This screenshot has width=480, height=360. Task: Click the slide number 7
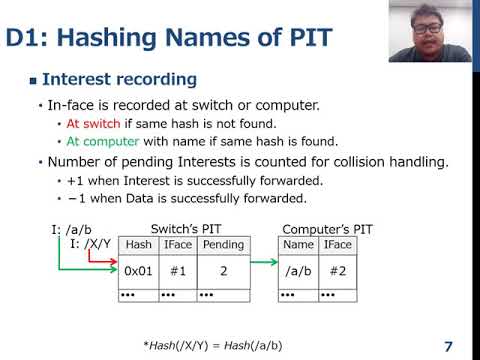click(448, 346)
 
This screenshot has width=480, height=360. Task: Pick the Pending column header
click(222, 245)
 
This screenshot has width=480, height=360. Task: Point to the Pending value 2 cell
click(222, 271)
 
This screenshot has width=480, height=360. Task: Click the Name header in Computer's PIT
click(299, 245)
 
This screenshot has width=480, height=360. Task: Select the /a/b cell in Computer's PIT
click(299, 271)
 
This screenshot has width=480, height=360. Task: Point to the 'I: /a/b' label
click(71, 230)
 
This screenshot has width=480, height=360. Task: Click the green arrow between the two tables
click(263, 264)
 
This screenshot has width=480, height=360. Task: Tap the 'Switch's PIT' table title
click(182, 229)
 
